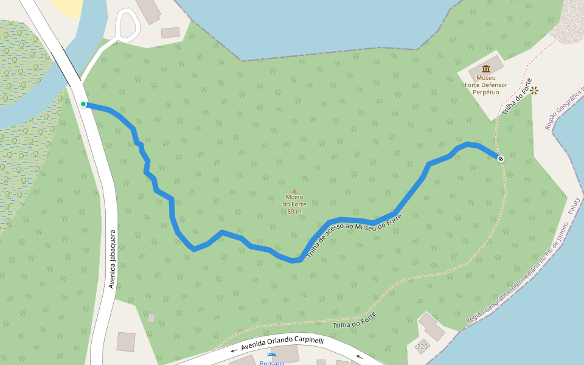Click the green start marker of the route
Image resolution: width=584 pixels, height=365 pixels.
point(83,104)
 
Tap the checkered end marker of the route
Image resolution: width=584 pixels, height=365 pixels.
point(501,159)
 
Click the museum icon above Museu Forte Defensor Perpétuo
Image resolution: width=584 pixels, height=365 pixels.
point(485,69)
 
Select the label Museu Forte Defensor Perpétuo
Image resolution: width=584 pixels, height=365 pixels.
point(485,85)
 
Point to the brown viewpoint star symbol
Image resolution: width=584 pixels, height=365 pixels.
point(534,91)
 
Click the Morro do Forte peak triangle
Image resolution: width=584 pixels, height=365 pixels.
point(294,190)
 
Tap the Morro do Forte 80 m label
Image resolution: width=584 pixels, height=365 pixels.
point(294,204)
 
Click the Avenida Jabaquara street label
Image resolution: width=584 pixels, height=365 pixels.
point(112,259)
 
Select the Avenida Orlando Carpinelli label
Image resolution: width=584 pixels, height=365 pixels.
point(282,344)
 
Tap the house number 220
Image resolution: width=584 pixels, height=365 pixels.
point(422,347)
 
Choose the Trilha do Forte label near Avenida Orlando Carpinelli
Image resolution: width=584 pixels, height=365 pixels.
point(354,321)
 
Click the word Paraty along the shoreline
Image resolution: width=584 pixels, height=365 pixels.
point(574,205)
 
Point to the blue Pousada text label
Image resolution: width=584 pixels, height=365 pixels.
point(272,363)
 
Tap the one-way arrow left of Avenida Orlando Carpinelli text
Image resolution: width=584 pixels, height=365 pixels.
point(234,350)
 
